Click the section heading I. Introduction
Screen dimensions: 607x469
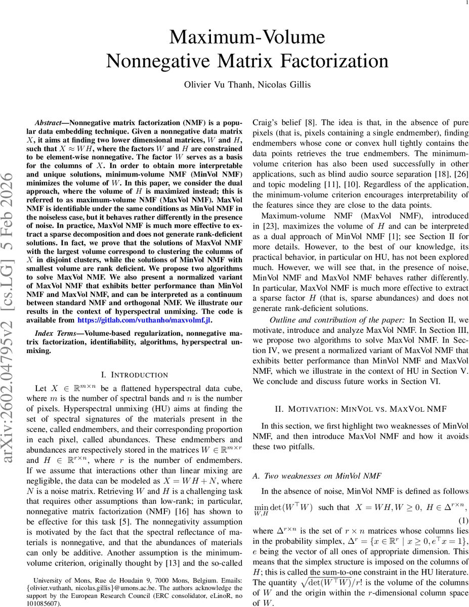click(x=135, y=375)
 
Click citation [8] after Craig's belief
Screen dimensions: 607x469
click(x=310, y=122)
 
